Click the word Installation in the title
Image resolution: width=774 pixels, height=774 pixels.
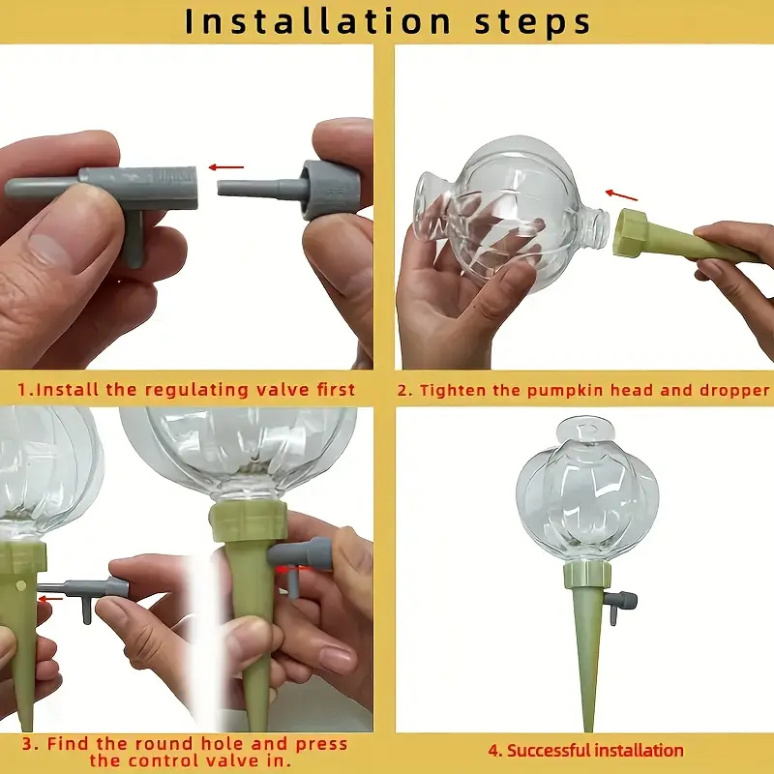(x=318, y=21)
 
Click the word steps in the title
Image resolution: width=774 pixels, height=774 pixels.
(x=533, y=22)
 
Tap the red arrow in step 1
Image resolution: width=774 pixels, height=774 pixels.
(x=226, y=167)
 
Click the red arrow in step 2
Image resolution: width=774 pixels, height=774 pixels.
(x=621, y=195)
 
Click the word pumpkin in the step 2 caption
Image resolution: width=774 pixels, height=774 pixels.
(x=566, y=391)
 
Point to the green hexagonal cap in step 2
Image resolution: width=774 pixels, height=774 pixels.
(x=631, y=233)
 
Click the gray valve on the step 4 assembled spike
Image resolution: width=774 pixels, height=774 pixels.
(x=622, y=605)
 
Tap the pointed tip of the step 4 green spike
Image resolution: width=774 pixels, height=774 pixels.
(x=588, y=729)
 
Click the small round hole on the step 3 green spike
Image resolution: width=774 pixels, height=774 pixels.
(x=20, y=586)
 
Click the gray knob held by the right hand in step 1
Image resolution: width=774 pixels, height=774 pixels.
(x=330, y=190)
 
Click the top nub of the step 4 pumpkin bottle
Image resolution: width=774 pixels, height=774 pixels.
(x=587, y=429)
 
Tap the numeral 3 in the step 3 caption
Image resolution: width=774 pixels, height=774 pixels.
(x=29, y=744)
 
